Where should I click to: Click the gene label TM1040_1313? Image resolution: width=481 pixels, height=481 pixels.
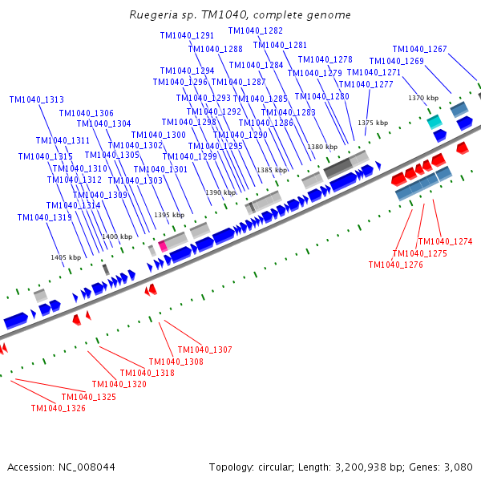click(37, 100)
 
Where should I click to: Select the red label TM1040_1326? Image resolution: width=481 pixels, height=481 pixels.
click(58, 409)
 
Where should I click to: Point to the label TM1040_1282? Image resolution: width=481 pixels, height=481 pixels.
click(256, 30)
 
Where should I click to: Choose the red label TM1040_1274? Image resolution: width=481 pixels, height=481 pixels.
click(446, 241)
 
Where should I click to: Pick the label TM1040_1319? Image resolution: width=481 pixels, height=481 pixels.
click(45, 217)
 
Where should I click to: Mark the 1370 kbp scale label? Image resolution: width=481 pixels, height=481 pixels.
click(422, 98)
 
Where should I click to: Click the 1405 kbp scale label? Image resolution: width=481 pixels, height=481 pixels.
click(66, 257)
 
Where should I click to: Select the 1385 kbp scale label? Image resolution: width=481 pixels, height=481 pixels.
click(271, 170)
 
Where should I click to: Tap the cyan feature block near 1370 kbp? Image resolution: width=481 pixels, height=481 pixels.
click(434, 122)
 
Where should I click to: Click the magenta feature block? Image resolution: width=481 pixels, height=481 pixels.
click(163, 245)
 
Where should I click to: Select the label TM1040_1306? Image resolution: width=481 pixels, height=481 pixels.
click(87, 114)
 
